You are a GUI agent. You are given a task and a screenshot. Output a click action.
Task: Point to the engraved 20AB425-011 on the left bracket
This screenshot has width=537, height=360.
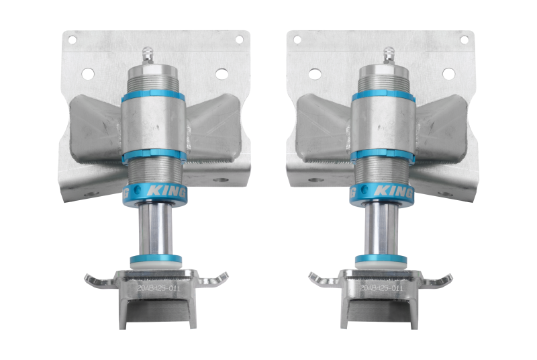point(157,287)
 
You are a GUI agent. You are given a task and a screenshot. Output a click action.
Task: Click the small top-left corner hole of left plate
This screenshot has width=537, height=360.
point(72,40)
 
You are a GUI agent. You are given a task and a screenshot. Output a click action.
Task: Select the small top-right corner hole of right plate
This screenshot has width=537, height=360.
point(463,40)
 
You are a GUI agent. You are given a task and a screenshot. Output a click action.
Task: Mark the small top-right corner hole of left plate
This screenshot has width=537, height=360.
point(238,40)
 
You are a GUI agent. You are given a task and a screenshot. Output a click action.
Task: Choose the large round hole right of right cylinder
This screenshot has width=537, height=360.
point(448,73)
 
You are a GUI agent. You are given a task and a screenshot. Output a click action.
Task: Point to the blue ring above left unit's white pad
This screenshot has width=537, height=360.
point(156,259)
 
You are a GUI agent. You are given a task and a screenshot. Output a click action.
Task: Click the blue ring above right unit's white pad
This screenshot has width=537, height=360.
point(381,259)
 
